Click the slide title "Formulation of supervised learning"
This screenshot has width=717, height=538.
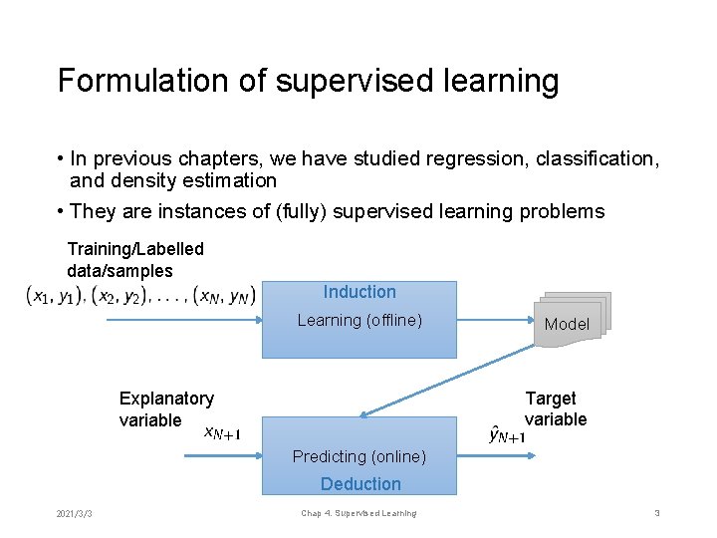(308, 81)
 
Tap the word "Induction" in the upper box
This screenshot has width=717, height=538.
(359, 292)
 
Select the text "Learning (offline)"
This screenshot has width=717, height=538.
(359, 320)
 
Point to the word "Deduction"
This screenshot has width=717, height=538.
(360, 484)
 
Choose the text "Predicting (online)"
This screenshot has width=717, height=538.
(358, 456)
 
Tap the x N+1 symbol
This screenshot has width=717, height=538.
(221, 432)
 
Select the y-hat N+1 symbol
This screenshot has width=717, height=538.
(507, 433)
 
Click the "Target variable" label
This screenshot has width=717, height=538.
(556, 408)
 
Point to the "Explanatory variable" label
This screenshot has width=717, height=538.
(165, 408)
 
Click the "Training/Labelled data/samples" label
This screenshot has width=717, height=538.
(134, 259)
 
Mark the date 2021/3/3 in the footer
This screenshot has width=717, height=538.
(75, 513)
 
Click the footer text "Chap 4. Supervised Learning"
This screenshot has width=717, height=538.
(358, 513)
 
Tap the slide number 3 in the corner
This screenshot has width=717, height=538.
(657, 513)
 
